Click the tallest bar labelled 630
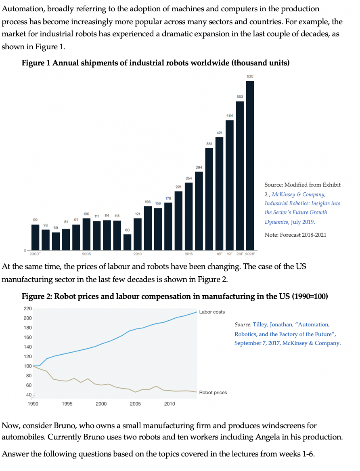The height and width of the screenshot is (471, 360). coord(250,166)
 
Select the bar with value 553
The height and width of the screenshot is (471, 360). coord(240,176)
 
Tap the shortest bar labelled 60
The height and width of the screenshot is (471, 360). coord(127,242)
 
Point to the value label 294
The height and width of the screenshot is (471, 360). coord(199,167)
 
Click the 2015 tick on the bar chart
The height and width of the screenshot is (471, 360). coord(188,254)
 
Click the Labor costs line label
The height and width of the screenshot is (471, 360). coord(212,312)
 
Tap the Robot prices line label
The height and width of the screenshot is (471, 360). coord(213,392)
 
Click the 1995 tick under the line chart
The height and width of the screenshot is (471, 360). coord(67,404)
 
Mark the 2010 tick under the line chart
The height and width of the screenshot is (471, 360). coord(170,404)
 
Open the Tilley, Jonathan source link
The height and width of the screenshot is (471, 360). coord(287,334)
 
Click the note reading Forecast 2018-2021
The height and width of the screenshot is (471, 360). coord(295,235)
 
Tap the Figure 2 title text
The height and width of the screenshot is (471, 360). coord(174,296)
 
